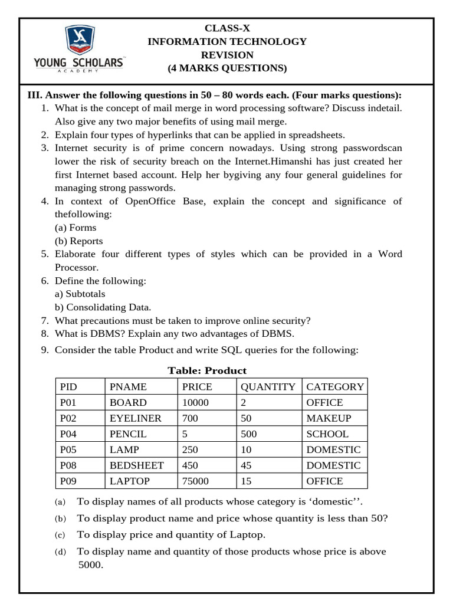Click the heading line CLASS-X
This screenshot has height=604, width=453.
226,28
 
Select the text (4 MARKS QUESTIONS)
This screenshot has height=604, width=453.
227,68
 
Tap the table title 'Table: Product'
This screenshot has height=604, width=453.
207,370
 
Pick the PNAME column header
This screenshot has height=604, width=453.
128,387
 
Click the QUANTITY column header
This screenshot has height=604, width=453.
268,387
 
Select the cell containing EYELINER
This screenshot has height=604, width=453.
135,418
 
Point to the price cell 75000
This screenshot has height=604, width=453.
195,481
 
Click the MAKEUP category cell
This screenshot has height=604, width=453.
329,418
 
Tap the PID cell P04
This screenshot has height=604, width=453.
70,434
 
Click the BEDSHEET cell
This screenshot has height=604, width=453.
137,465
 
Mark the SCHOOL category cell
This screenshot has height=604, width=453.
327,434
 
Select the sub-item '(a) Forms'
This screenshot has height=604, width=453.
75,228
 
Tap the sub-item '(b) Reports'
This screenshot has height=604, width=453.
78,241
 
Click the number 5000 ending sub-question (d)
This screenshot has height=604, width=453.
90,564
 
